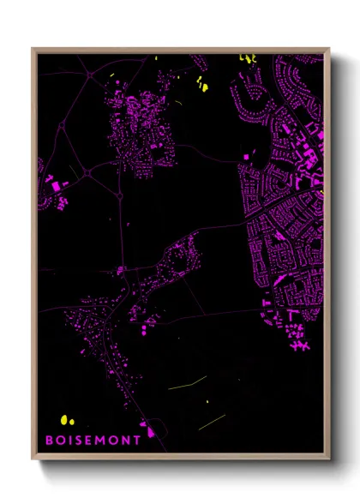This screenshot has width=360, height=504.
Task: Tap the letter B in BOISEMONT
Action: [49, 438]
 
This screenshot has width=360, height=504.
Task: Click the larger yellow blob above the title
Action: [64, 419]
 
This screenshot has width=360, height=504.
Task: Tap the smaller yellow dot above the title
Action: [73, 421]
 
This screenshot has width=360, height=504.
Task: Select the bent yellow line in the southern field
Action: [187, 382]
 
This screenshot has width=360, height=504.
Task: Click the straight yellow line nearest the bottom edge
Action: [212, 421]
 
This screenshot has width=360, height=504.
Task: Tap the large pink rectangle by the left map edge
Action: [56, 185]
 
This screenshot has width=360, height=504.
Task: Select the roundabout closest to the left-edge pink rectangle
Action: [87, 173]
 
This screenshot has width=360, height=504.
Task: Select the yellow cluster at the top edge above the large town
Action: [247, 58]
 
